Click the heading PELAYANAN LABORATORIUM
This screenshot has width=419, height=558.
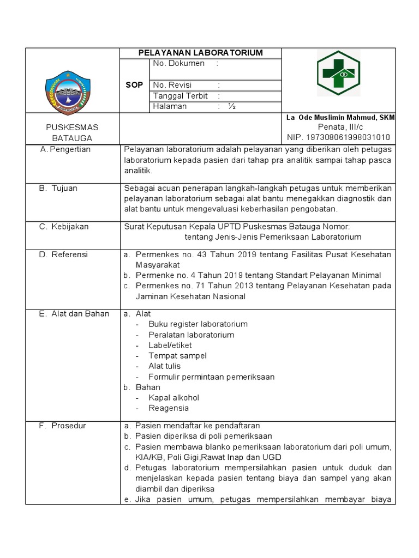(x=200, y=53)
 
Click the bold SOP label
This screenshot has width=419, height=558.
(x=134, y=86)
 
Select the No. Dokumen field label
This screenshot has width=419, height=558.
(x=178, y=64)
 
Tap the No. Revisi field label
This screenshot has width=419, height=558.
(x=172, y=85)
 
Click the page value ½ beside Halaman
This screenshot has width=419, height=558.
(x=232, y=107)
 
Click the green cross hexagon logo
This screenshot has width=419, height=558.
(x=338, y=73)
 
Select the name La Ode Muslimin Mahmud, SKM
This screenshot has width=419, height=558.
(x=340, y=118)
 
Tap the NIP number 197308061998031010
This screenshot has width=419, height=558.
(x=339, y=137)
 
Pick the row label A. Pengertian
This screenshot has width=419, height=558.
(x=65, y=149)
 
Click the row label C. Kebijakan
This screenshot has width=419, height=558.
(x=63, y=227)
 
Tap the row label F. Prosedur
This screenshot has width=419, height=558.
(x=62, y=426)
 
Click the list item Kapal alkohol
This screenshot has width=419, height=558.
(x=173, y=398)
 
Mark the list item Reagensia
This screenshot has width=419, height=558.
(x=169, y=408)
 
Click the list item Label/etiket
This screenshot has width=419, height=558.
(x=170, y=345)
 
